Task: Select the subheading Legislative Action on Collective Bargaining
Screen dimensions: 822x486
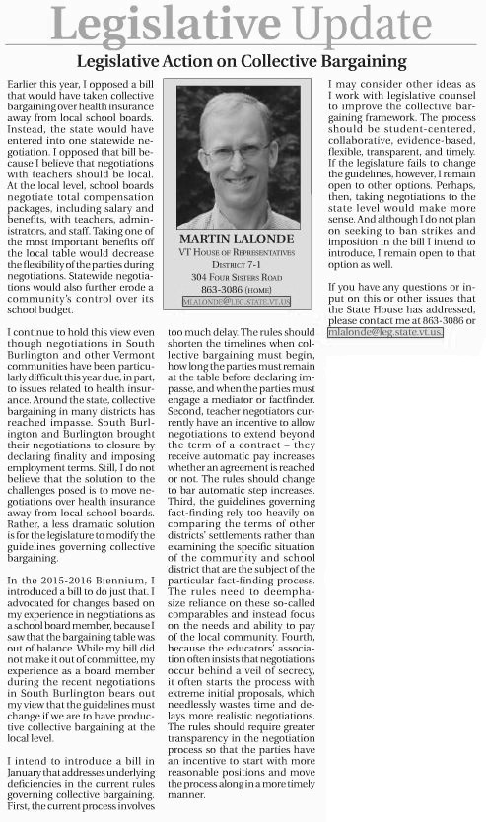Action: [x=243, y=60]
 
